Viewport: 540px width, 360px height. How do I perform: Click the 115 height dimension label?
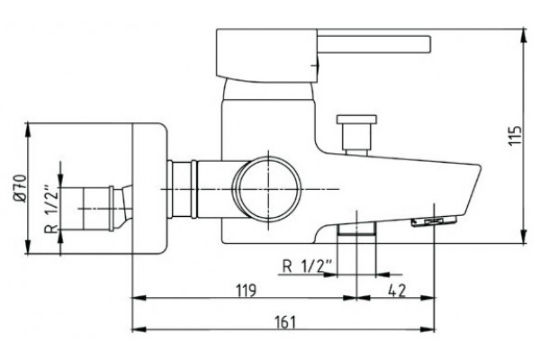tap(516, 136)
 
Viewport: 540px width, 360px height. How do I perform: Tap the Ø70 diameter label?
tap(20, 188)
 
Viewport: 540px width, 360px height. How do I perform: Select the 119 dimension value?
tap(247, 291)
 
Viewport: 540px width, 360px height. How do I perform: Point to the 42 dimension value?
tap(397, 291)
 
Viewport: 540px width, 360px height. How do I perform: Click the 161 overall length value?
tap(285, 322)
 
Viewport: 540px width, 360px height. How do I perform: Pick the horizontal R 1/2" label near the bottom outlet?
tap(307, 266)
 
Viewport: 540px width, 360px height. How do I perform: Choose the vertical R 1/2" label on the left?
tap(51, 210)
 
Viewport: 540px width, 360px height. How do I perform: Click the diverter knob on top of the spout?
tap(356, 134)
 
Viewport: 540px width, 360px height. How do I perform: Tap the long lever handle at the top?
tap(373, 44)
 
